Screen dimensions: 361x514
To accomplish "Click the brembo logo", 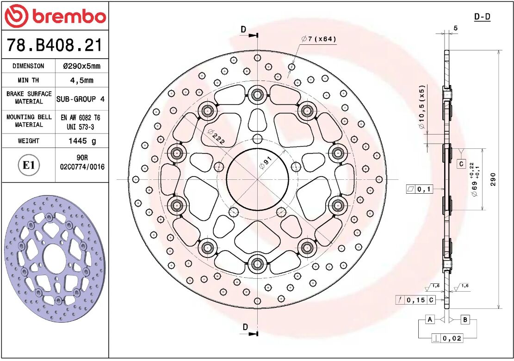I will (55, 16).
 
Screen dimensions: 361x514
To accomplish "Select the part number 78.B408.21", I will (54, 45).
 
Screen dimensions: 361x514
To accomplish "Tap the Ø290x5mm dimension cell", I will (81, 66).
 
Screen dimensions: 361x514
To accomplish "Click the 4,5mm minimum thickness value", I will (81, 80).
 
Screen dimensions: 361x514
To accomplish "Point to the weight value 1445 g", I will (81, 141).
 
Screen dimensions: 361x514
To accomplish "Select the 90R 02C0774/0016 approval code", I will (82, 162).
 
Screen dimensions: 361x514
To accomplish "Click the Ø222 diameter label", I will (216, 137).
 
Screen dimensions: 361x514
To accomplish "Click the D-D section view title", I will (482, 17).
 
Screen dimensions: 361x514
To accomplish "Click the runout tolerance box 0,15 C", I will (415, 300).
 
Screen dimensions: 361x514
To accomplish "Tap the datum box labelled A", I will (430, 320).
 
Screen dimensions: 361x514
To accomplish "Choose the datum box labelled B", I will (465, 320).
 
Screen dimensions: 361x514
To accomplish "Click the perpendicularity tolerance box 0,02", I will (447, 338).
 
